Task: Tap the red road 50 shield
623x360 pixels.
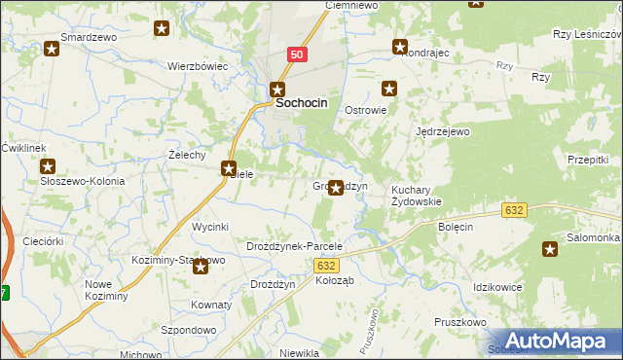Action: coord(298,56)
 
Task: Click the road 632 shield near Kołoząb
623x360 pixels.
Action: coord(327,265)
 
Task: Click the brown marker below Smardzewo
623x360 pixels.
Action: coord(52,48)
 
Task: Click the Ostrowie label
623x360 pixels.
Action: coord(366,111)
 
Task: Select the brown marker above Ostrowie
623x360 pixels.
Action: coord(390,89)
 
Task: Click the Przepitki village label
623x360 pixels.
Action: coord(587,160)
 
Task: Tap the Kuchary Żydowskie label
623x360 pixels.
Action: coord(416,196)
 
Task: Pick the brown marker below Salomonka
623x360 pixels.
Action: coord(550,249)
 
